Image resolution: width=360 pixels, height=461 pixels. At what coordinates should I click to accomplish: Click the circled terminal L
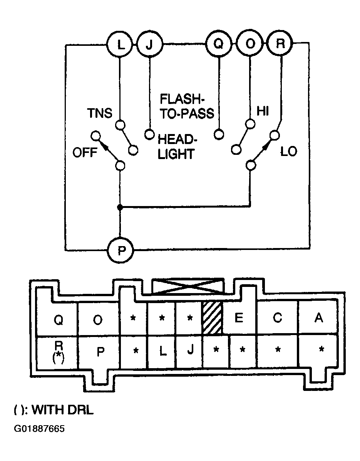(x=120, y=45)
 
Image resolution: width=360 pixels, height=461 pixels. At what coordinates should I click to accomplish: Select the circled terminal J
(x=150, y=45)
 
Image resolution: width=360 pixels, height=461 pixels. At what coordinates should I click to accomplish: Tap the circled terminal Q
(x=218, y=44)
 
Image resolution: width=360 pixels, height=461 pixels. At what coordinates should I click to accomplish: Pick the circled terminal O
(x=250, y=44)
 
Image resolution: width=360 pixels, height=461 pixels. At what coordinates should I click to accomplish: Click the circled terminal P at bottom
(x=121, y=250)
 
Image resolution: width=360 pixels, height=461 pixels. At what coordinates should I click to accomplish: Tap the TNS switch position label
(x=100, y=113)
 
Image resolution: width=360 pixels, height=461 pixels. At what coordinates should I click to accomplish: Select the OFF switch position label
(x=85, y=153)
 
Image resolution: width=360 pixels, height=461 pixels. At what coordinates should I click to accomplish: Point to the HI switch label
(x=263, y=111)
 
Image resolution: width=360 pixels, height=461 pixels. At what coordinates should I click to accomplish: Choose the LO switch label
(x=289, y=152)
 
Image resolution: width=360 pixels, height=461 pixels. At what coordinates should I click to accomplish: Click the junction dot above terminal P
(x=120, y=207)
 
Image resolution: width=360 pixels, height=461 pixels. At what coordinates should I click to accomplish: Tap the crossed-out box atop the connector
(x=188, y=286)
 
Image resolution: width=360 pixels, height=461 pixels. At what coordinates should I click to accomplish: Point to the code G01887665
(x=39, y=429)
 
